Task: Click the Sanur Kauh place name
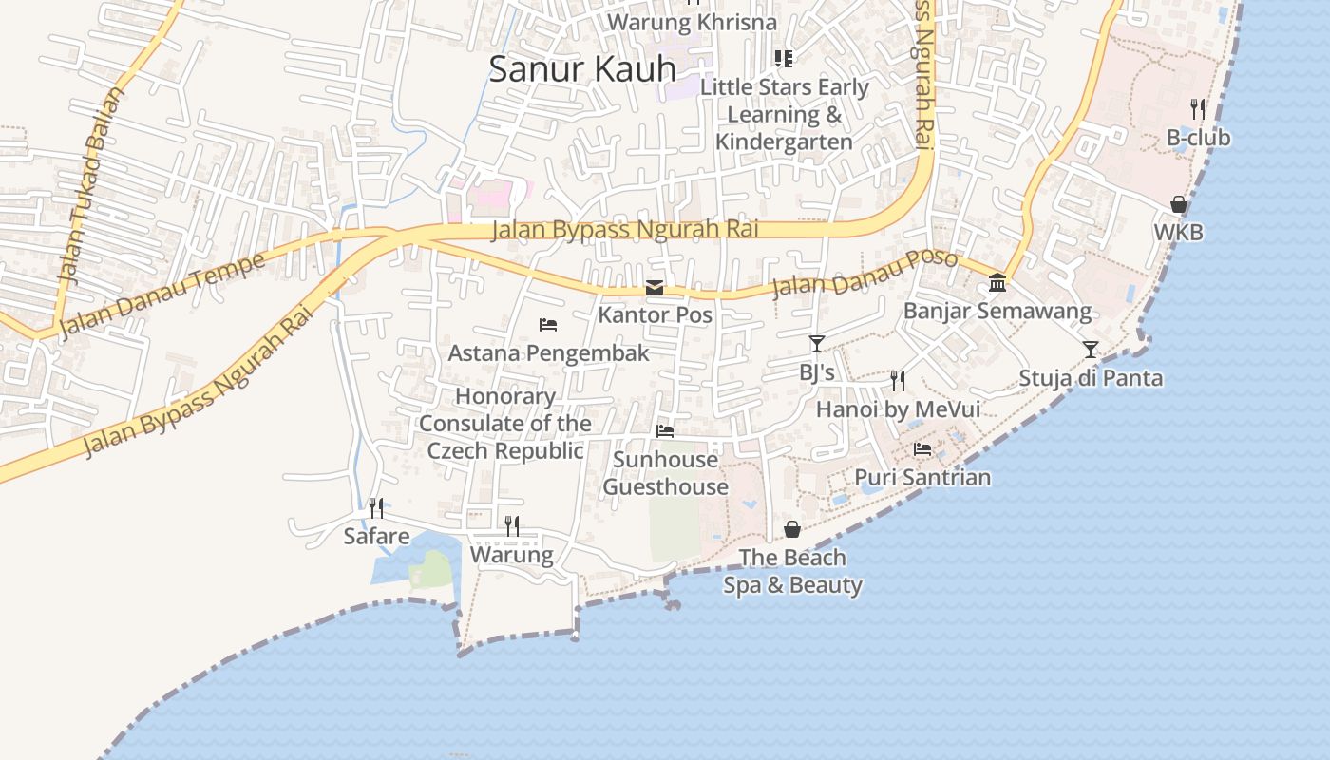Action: click(581, 68)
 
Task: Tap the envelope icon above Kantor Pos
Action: click(655, 288)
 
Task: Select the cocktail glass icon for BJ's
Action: click(816, 344)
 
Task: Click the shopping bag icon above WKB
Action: click(1178, 204)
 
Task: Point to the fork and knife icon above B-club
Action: click(1198, 109)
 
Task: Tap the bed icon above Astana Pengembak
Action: click(548, 325)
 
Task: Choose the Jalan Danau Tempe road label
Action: click(162, 294)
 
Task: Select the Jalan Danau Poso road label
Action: click(864, 273)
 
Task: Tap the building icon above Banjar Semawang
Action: click(997, 283)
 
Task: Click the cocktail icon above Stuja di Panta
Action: click(1091, 350)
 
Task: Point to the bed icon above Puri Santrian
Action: click(921, 449)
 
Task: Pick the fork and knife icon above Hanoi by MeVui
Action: click(898, 381)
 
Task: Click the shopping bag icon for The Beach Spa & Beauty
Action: click(792, 529)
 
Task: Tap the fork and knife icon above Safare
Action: click(376, 508)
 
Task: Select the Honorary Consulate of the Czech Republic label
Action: click(505, 424)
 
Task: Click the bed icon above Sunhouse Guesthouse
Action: click(665, 431)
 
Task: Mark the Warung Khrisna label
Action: click(692, 22)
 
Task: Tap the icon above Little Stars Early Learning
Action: click(784, 59)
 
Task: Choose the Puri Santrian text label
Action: click(922, 477)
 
